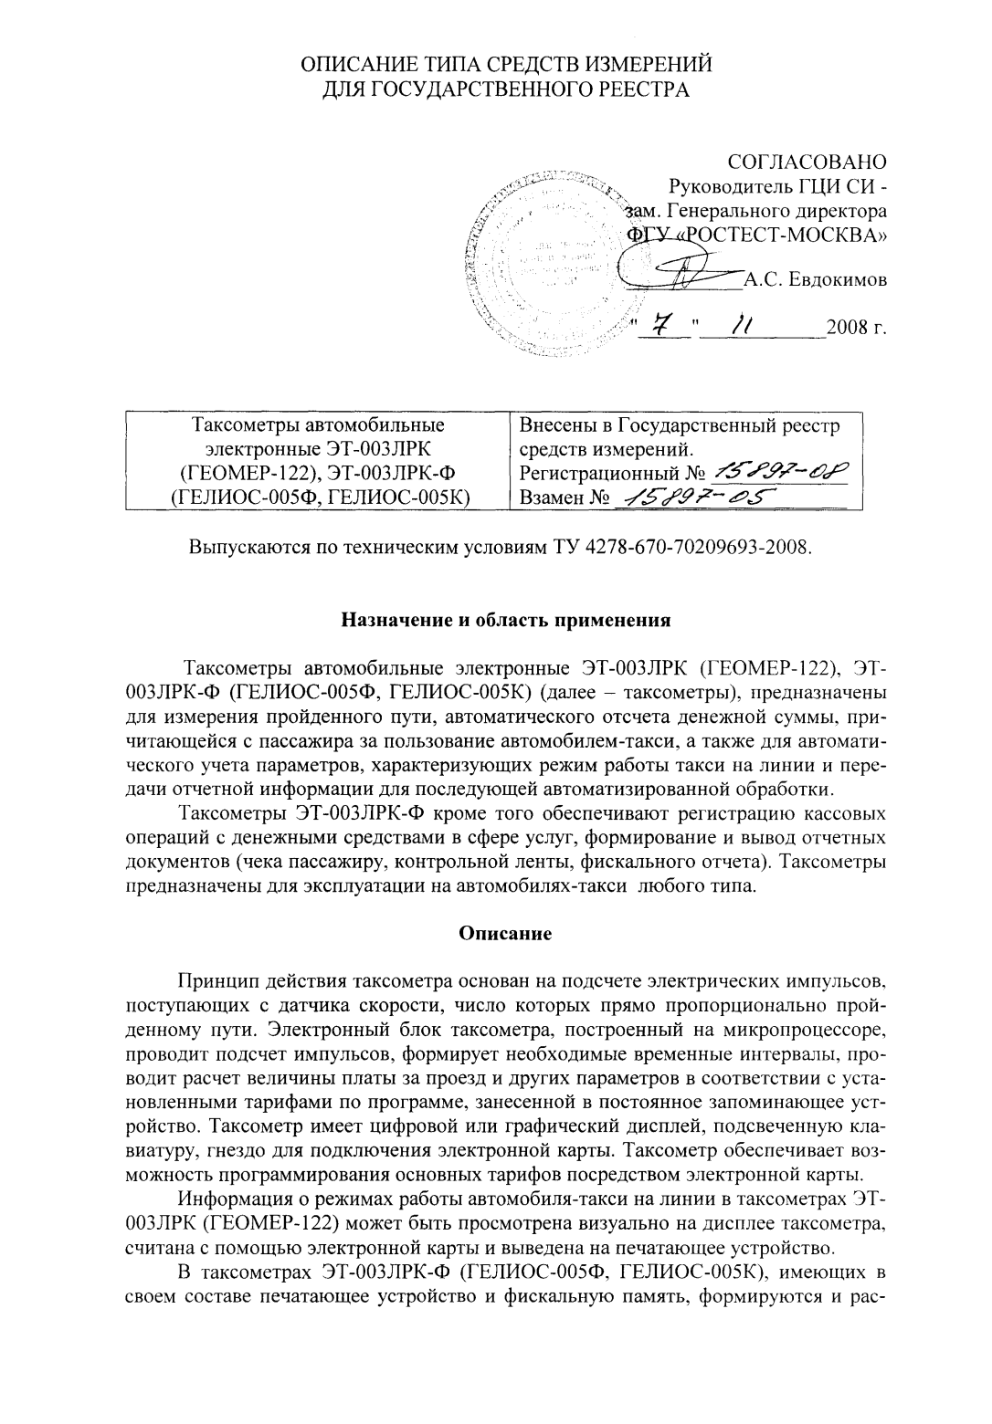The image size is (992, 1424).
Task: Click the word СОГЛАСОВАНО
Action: (x=807, y=162)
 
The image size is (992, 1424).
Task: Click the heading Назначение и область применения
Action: (x=506, y=621)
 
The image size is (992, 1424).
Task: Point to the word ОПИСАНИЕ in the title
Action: (x=360, y=64)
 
